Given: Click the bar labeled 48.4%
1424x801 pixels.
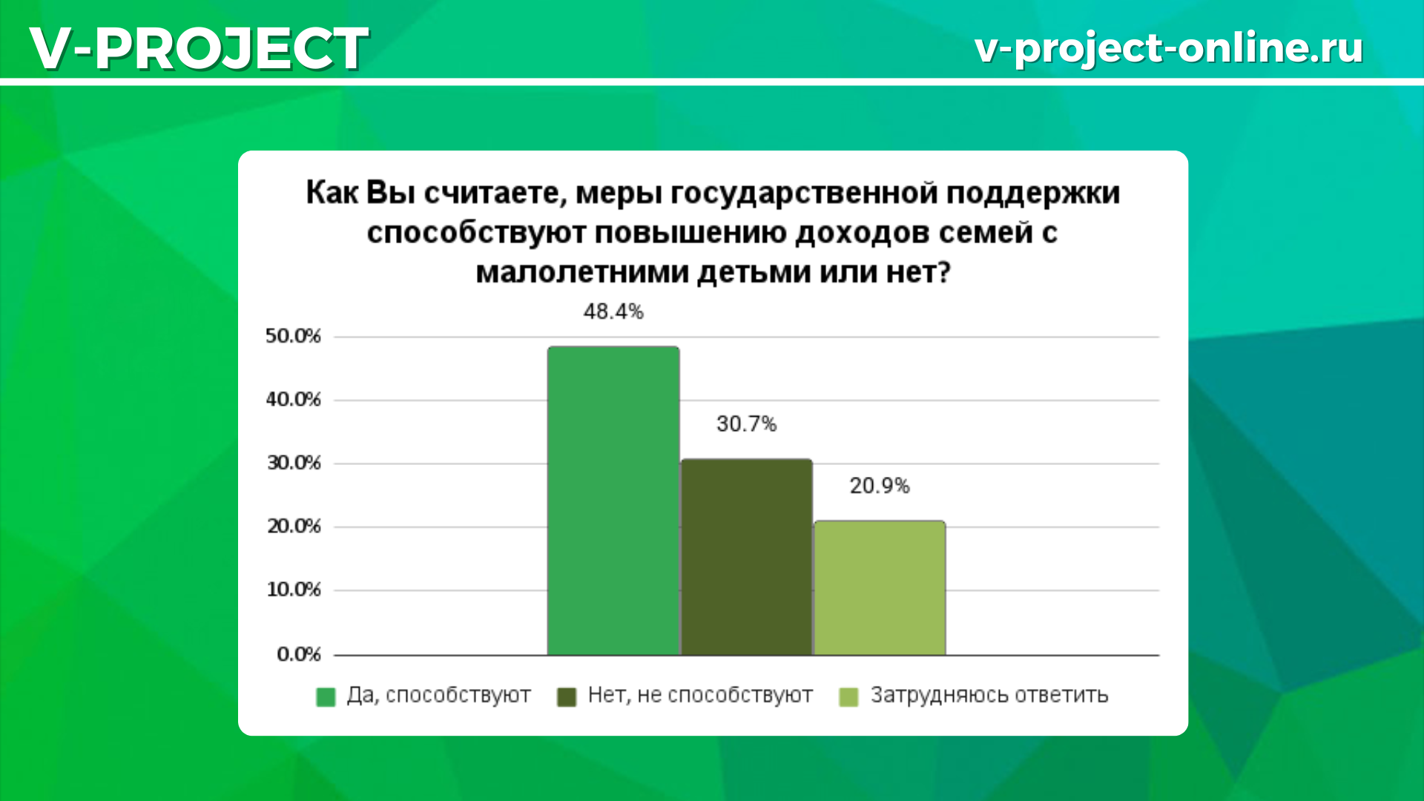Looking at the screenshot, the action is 613,501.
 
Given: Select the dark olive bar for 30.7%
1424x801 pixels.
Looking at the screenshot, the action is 746,557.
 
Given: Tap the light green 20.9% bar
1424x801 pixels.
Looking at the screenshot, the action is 880,588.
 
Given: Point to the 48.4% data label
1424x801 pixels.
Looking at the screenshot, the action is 613,311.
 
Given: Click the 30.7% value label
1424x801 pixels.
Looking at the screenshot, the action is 746,423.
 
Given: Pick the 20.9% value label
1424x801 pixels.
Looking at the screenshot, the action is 880,486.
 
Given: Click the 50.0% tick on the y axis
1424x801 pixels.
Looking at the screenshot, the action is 293,336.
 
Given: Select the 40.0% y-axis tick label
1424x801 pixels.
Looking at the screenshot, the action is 293,400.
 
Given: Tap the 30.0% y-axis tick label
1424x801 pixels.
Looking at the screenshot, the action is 294,463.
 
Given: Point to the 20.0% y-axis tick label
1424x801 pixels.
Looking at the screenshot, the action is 294,527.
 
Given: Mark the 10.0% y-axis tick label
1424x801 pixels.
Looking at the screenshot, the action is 294,590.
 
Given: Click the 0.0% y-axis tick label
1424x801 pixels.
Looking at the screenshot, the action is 299,654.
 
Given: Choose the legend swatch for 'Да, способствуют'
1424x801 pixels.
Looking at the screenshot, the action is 326,697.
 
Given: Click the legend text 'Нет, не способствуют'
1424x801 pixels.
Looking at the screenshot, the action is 700,695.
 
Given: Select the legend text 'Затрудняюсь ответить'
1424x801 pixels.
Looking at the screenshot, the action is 989,696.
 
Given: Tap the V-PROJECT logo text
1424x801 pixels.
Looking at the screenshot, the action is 199,48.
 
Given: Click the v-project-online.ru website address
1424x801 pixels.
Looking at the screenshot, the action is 1169,48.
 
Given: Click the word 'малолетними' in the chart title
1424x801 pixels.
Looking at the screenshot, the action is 582,272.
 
